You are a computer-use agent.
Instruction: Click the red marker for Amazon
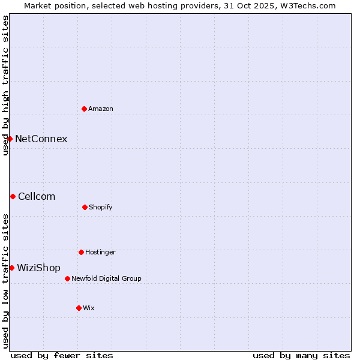tap(85, 109)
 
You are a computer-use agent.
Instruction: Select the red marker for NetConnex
tap(10, 139)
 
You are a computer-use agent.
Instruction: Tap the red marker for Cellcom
tap(13, 196)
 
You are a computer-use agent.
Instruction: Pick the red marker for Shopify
tap(85, 207)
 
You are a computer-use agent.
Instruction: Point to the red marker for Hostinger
tap(81, 252)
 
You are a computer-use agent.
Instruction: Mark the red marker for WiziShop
tap(11, 268)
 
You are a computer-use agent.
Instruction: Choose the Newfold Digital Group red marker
tap(67, 278)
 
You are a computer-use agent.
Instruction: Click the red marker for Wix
tap(79, 308)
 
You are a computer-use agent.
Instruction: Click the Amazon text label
tap(101, 109)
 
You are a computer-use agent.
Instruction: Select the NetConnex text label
tap(41, 139)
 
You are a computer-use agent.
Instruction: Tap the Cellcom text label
tap(37, 196)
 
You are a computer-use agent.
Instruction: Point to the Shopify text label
tap(101, 207)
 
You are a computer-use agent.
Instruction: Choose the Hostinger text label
tap(100, 252)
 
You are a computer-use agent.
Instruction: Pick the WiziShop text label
tap(38, 268)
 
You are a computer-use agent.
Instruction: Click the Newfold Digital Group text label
tap(106, 278)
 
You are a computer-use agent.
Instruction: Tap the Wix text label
tap(89, 308)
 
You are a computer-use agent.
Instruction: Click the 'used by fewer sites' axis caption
tap(62, 355)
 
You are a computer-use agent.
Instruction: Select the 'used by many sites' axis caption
tap(301, 355)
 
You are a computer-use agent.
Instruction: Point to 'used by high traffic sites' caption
tap(5, 86)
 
